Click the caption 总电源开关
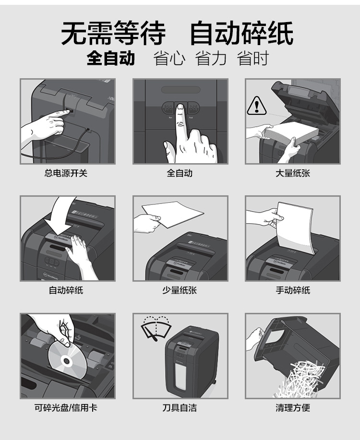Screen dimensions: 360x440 coord(66,173)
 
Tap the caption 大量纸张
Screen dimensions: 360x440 coord(293,173)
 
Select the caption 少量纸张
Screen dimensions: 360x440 coord(180,290)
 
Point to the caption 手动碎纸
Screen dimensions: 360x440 coord(293,290)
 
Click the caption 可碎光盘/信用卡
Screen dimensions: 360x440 coord(66,407)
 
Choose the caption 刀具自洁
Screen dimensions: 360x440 coord(180,407)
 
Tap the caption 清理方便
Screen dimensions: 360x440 coord(293,407)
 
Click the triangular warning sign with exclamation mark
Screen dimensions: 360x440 coord(256,106)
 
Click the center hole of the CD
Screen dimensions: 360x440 coord(67,360)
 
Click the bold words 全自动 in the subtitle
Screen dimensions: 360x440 coord(111,58)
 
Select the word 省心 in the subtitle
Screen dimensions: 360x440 coord(169,58)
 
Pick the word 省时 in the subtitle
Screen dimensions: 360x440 coord(253,58)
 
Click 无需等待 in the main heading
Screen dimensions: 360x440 coord(113,33)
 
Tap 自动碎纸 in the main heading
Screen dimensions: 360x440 coord(242,33)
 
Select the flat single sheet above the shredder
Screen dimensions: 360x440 coord(173,214)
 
